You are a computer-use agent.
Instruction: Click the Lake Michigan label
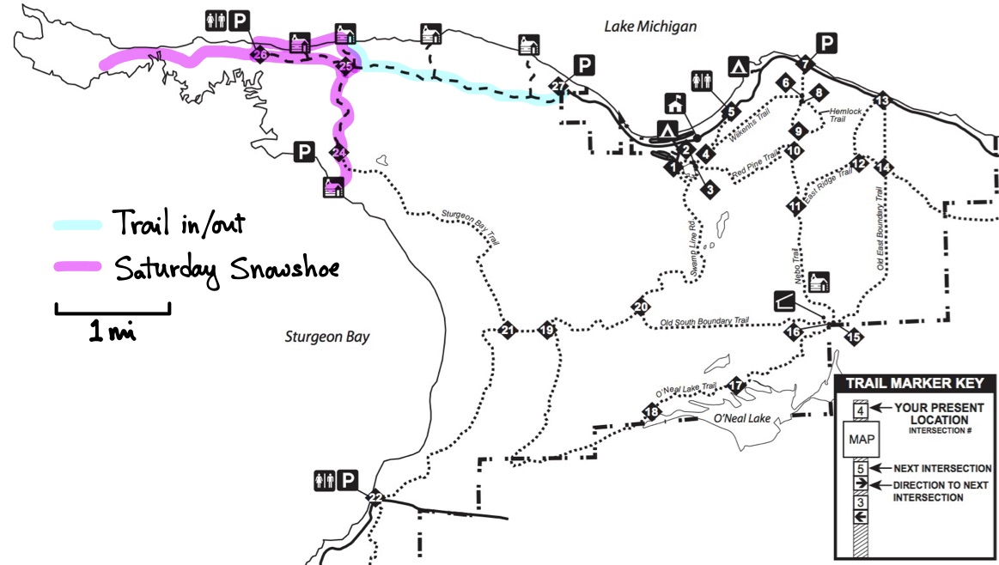coord(650,27)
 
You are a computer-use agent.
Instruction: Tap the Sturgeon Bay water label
coord(327,337)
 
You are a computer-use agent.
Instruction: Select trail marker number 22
coord(375,497)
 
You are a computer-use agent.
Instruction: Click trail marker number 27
coord(559,87)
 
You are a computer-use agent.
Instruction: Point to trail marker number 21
coord(508,330)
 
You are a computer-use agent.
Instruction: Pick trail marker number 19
coord(546,330)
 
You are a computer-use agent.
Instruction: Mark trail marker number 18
coord(652,412)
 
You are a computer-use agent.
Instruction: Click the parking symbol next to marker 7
coord(826,43)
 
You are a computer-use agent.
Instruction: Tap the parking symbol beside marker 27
coord(584,64)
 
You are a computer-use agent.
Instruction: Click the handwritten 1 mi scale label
coord(112,331)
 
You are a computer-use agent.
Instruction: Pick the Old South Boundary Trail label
coord(704,323)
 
